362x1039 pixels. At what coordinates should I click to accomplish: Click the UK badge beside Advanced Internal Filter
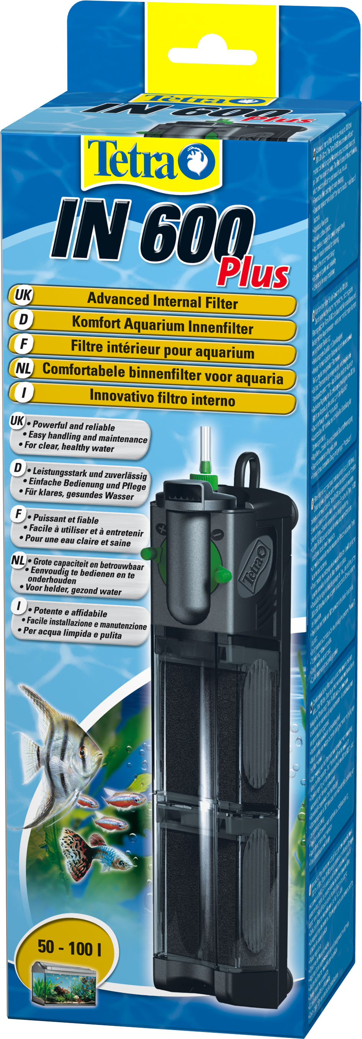click(x=22, y=295)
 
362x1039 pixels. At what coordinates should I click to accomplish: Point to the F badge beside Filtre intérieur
click(x=24, y=345)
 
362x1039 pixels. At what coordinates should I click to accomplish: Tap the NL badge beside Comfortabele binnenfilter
click(x=23, y=369)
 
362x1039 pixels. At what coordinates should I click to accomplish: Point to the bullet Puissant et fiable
click(x=66, y=519)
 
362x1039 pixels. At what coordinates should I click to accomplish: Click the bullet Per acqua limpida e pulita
click(x=72, y=634)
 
